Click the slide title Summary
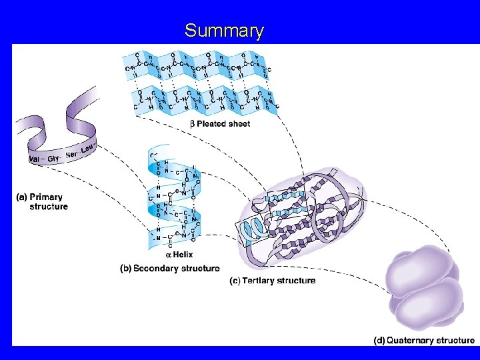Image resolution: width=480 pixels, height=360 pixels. click(x=224, y=31)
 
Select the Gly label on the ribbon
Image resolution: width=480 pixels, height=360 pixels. click(x=54, y=156)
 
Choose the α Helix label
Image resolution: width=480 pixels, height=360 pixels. click(x=179, y=255)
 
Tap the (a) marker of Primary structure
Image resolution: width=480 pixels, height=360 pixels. click(x=21, y=197)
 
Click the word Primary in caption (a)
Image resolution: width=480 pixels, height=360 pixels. click(x=46, y=197)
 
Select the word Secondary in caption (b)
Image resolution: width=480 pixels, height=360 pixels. click(x=157, y=269)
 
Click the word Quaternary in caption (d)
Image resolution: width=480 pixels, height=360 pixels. click(x=413, y=341)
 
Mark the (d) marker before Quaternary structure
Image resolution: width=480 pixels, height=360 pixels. click(x=379, y=341)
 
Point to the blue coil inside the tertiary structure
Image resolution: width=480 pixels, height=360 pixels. click(x=254, y=230)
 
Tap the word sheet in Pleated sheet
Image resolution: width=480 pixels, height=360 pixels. click(x=239, y=124)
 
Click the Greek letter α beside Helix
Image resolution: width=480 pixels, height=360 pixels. click(x=169, y=255)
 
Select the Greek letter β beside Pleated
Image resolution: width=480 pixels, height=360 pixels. click(x=192, y=124)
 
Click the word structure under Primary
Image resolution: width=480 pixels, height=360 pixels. click(x=48, y=207)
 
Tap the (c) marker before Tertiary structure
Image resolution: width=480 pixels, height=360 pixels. click(x=235, y=281)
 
